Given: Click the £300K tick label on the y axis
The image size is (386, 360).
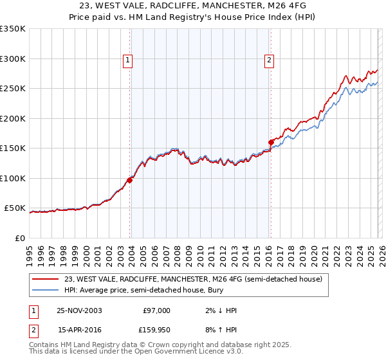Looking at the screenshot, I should (13, 59).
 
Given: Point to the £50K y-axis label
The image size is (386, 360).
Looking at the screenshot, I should (15, 208).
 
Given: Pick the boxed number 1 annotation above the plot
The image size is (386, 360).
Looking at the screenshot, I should (128, 61).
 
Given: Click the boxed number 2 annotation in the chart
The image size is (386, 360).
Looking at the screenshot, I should (268, 61).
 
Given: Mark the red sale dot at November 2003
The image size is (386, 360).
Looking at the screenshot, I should (130, 180).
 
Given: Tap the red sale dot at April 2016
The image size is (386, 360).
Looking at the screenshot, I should (270, 142).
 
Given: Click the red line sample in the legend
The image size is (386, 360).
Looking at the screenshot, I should (45, 279).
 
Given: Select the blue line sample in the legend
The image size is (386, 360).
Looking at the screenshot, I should (45, 291).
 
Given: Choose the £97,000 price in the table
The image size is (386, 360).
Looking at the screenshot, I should (156, 310).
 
